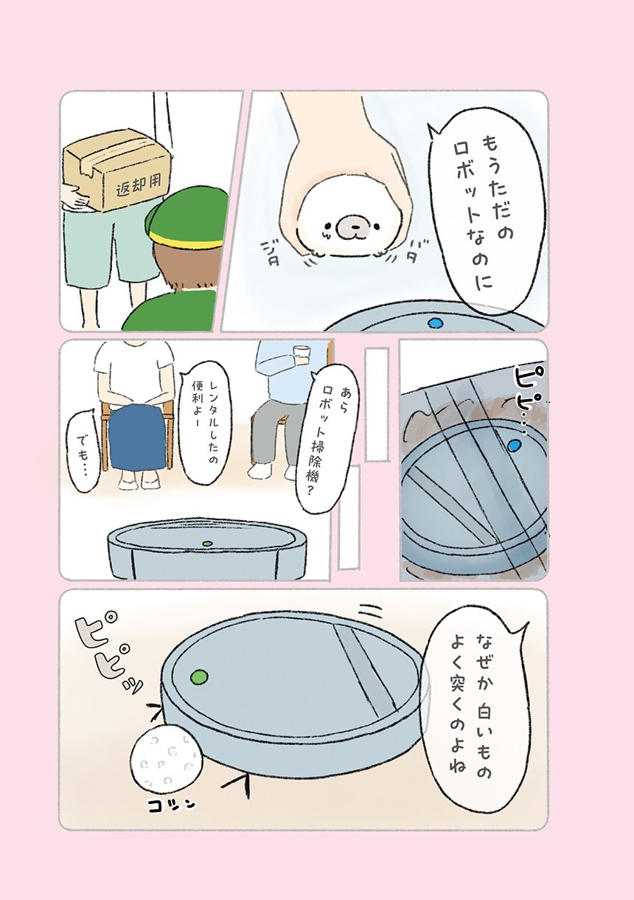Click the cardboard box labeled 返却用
(x=117, y=170)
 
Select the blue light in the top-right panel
(x=435, y=322)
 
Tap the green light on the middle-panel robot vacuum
(x=208, y=544)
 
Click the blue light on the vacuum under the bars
(x=515, y=445)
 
